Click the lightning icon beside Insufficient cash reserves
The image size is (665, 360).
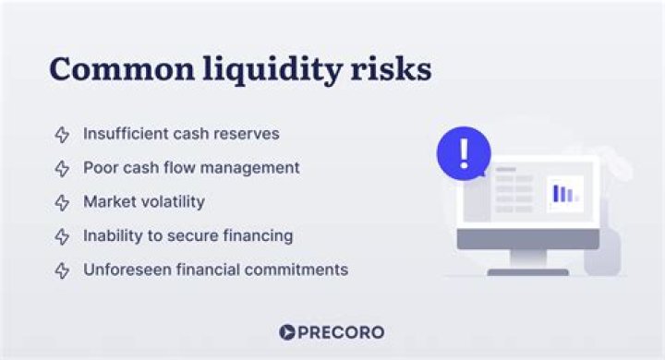(x=62, y=135)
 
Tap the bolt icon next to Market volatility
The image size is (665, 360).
(x=62, y=202)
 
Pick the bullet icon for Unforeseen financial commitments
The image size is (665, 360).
(x=62, y=270)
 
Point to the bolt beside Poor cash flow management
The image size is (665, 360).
(x=62, y=169)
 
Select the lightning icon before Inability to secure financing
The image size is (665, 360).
(x=62, y=236)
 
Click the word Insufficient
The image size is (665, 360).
(x=123, y=134)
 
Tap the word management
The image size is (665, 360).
(x=254, y=168)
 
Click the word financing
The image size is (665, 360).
(x=254, y=235)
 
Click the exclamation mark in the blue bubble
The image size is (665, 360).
(x=464, y=153)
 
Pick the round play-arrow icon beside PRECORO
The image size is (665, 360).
(x=286, y=332)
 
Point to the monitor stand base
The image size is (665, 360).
(x=527, y=271)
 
